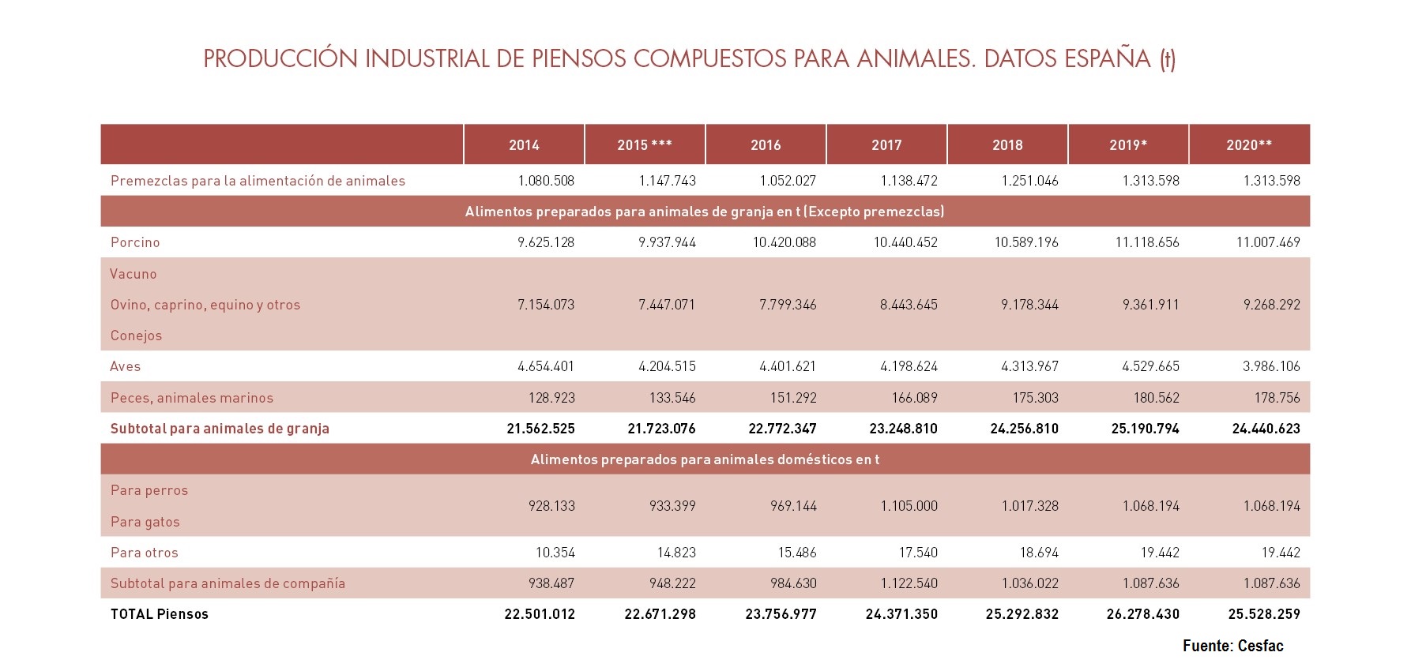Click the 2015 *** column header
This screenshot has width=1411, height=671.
pos(645,145)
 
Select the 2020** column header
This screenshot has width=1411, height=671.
pos(1249,145)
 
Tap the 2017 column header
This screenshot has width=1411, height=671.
pos(886,145)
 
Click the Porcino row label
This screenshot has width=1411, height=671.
pos(135,242)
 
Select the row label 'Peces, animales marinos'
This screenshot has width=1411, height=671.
pos(192,398)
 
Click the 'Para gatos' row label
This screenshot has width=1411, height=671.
pos(145,522)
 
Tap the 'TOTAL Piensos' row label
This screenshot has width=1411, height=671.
pos(160,614)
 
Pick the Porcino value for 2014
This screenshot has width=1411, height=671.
pos(546,242)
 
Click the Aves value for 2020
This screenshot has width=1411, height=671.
pos(1271,366)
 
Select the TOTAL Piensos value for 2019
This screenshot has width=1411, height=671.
pos(1143,614)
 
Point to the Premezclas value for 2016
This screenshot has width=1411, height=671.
pos(788,181)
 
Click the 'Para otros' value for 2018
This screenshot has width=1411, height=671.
pos(1038,553)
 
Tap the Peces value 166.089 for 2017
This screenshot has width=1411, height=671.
pos(914,398)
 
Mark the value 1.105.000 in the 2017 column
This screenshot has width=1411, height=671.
pos(909,506)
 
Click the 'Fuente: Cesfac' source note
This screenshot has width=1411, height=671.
pos(1233,646)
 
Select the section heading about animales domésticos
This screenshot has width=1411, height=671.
pos(705,459)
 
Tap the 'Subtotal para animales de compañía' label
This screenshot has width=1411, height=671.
pos(228,583)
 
